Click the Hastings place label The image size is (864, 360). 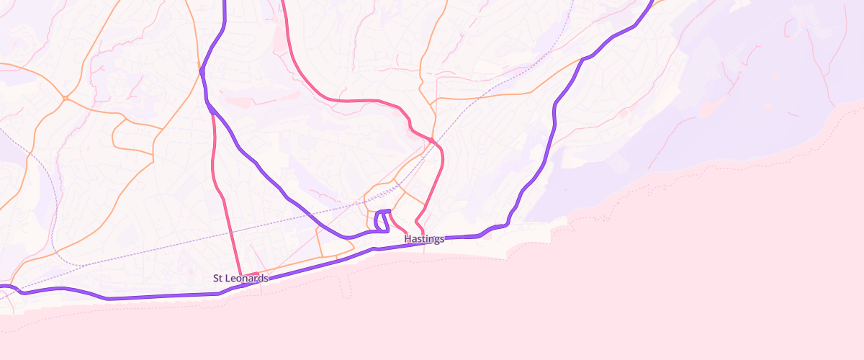pos(424,239)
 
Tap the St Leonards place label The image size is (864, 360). pos(240,278)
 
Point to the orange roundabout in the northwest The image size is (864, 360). pos(65,97)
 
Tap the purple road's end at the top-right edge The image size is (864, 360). pos(652,2)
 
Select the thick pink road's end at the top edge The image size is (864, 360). pos(282,2)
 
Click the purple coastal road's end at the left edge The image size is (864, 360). pos(2,287)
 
